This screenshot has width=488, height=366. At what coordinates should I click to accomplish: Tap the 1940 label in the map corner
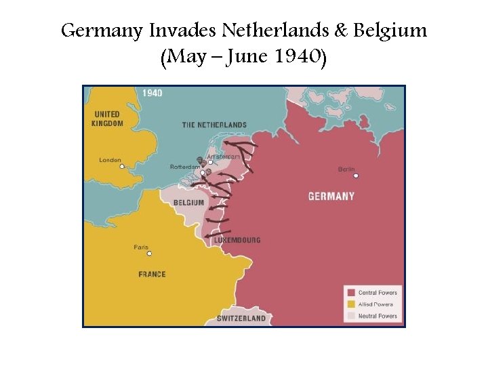click(x=152, y=93)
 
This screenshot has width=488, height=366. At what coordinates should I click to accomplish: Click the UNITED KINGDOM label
click(x=108, y=119)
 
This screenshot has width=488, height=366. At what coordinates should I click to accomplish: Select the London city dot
click(x=121, y=167)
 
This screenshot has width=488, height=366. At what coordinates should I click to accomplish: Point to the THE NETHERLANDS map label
click(x=214, y=125)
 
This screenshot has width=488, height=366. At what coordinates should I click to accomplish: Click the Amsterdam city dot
click(x=210, y=162)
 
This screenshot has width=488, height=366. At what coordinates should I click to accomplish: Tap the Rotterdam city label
click(x=184, y=167)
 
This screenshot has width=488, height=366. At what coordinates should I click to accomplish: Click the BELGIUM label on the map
click(x=188, y=203)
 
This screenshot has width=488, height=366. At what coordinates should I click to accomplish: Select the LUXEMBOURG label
click(x=237, y=241)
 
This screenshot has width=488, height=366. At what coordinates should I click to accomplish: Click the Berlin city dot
click(x=356, y=176)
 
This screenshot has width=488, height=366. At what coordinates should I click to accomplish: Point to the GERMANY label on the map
click(x=331, y=197)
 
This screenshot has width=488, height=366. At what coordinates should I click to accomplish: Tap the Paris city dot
click(x=149, y=254)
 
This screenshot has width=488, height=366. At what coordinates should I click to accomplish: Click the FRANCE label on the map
click(x=152, y=274)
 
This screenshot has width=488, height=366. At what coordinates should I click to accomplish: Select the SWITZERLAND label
click(x=241, y=319)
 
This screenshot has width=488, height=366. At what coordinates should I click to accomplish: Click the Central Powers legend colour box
click(x=351, y=293)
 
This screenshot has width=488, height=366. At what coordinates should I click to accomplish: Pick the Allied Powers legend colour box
click(x=351, y=304)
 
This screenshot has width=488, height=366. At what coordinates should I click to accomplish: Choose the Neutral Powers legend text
click(x=378, y=316)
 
